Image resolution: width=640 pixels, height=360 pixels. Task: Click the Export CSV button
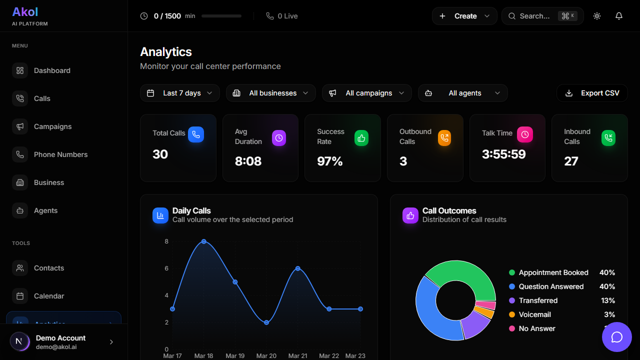592,93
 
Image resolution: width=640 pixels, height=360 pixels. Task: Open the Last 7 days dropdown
180,93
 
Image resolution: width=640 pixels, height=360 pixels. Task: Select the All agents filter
463,93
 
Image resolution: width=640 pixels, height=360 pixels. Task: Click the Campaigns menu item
52,126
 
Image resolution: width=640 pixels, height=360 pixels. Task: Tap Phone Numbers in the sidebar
60,154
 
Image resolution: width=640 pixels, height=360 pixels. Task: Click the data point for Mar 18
204,241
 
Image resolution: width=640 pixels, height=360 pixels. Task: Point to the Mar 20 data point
266,322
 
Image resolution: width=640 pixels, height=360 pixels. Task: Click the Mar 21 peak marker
298,268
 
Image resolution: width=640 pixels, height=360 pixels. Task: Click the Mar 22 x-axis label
329,356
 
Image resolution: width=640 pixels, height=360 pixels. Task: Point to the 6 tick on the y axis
166,268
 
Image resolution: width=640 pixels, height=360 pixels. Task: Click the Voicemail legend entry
534,314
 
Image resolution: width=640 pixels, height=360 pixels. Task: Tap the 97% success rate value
330,161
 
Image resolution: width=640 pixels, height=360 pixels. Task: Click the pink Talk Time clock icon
524,134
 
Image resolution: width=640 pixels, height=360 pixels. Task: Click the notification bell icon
619,16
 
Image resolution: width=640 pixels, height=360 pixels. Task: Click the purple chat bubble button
617,337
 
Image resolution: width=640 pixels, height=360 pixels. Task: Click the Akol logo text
25,11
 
